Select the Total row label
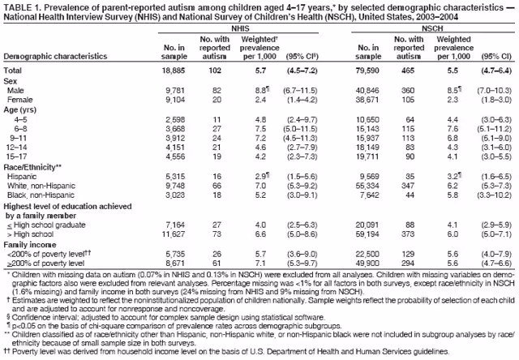tap(15, 71)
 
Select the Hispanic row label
tap(22, 175)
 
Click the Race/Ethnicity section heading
tap(33, 166)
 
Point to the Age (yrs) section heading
tap(22, 109)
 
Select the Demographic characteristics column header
tap(53, 58)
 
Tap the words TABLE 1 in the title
tap(22, 6)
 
